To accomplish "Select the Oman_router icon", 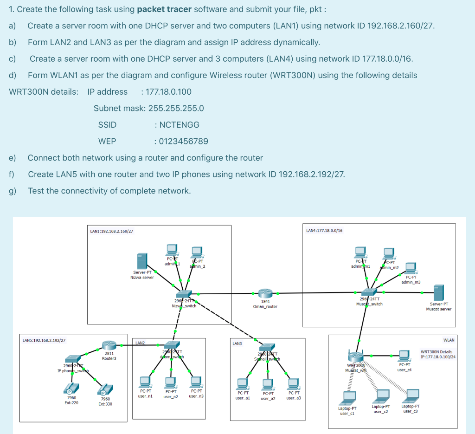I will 265,293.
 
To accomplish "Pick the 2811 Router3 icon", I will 110,345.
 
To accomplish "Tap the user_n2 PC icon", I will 171,382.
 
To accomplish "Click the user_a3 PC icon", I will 293,383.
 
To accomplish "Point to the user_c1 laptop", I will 347,398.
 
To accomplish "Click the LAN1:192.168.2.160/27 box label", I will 112,231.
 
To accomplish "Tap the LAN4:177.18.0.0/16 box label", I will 324,230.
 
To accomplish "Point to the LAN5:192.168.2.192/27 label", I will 44,340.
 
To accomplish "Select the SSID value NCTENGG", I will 179,125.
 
